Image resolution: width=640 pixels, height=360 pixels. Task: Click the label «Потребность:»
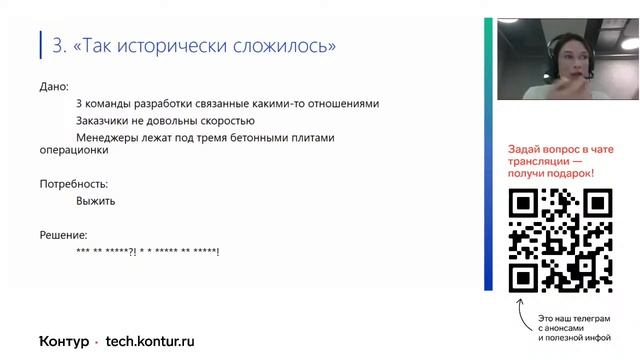click(x=73, y=184)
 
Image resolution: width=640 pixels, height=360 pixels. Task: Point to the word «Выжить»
click(x=95, y=201)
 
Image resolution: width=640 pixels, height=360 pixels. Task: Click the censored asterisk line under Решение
click(x=147, y=250)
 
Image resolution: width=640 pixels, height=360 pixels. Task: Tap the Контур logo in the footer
click(x=64, y=340)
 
